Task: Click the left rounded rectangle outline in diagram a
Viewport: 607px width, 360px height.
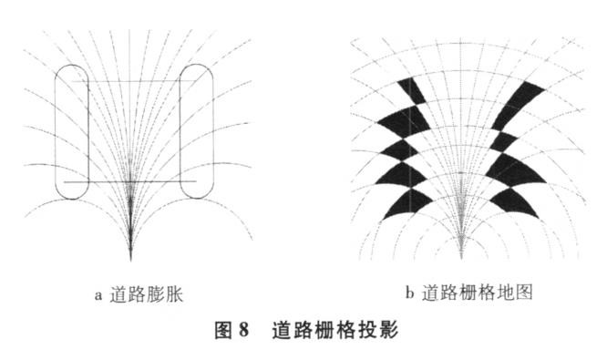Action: (x=56, y=128)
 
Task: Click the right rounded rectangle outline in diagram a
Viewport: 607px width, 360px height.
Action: (x=211, y=128)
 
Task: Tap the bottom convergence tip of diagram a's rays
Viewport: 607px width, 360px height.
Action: (x=131, y=258)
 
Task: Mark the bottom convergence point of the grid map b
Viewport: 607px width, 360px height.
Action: (x=462, y=256)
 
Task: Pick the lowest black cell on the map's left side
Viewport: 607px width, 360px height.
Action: (x=401, y=203)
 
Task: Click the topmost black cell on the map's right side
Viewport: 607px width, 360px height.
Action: (x=523, y=97)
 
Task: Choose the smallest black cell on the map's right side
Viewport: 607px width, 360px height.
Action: (x=505, y=139)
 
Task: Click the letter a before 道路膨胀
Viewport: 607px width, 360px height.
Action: (x=98, y=293)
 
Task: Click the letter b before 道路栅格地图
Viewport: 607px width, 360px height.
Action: (x=410, y=293)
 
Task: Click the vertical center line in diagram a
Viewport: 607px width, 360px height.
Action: (x=131, y=137)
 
